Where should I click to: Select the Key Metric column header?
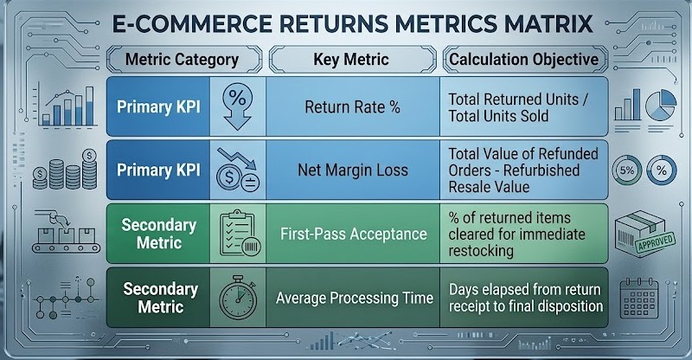(352, 59)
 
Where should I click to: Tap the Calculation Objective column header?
(524, 59)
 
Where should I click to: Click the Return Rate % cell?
(353, 107)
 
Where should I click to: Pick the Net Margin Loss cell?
(353, 170)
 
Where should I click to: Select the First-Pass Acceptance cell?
(353, 234)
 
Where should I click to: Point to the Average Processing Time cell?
(353, 298)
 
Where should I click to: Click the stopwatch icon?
(238, 298)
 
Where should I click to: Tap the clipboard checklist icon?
(240, 234)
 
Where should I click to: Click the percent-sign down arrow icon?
(237, 106)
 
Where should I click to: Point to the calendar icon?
(638, 298)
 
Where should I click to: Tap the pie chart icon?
(661, 105)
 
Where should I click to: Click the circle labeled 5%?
(626, 170)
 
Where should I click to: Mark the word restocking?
(481, 251)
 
